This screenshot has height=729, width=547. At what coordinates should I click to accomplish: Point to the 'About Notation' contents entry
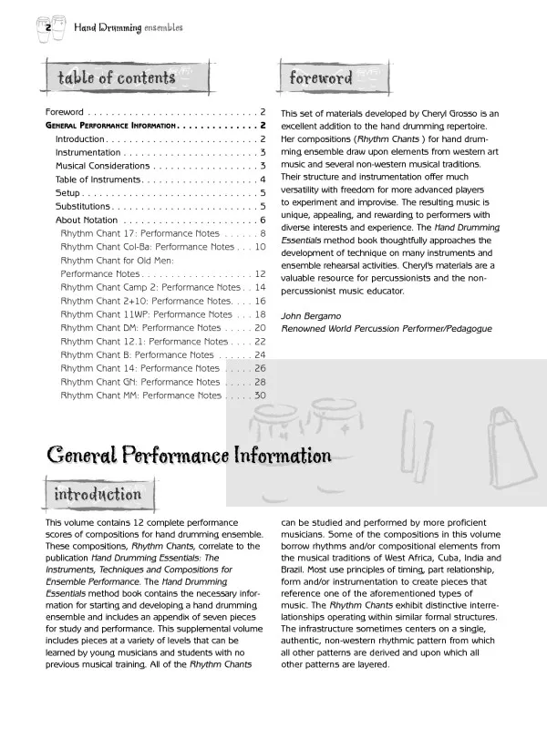[x=87, y=220]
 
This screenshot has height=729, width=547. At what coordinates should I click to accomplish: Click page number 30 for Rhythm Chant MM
[x=260, y=395]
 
